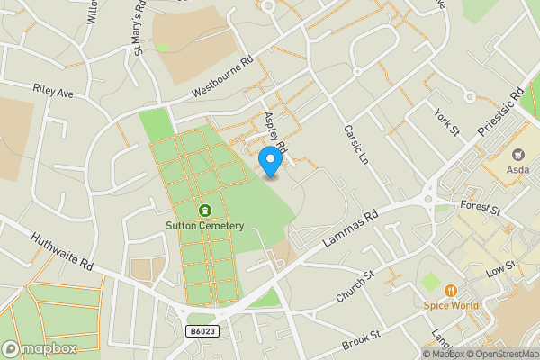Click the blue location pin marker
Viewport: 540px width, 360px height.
click(271, 160)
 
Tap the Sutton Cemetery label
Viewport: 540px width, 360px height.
click(204, 225)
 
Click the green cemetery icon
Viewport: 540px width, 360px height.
click(204, 210)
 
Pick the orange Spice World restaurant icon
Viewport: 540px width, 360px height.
click(450, 290)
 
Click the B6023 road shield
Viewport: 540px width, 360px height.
click(202, 331)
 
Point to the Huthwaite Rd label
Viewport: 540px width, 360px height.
click(62, 253)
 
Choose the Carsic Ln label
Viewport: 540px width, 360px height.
click(357, 143)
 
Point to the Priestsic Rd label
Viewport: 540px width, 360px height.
click(501, 112)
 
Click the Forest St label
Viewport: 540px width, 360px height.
click(481, 210)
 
